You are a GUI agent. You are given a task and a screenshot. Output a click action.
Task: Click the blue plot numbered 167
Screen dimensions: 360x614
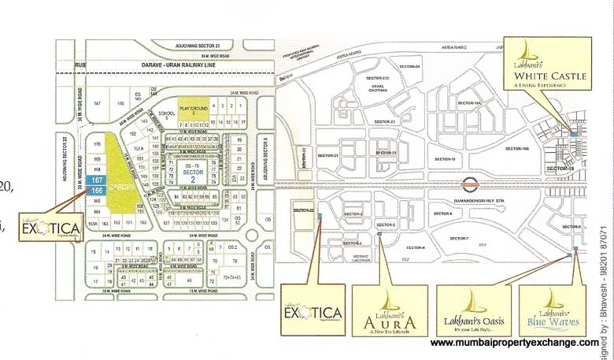(x=98, y=181)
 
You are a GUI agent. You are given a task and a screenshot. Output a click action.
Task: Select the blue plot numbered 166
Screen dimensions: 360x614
(x=98, y=191)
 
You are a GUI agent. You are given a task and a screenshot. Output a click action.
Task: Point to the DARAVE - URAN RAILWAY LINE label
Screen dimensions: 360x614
(x=170, y=68)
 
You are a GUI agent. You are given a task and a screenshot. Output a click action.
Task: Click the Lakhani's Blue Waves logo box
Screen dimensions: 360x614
(x=551, y=312)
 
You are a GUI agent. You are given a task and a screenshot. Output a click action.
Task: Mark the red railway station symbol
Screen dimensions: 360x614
(x=470, y=187)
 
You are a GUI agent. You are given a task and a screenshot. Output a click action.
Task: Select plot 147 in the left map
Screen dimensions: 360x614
(x=98, y=104)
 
